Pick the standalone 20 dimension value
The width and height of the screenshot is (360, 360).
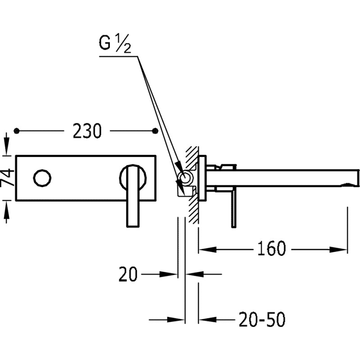(128, 274)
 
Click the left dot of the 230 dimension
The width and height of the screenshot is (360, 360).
(17, 130)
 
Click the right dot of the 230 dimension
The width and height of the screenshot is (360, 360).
(156, 130)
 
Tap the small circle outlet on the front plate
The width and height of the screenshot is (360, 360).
(42, 178)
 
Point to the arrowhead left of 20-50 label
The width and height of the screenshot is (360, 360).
(203, 320)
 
